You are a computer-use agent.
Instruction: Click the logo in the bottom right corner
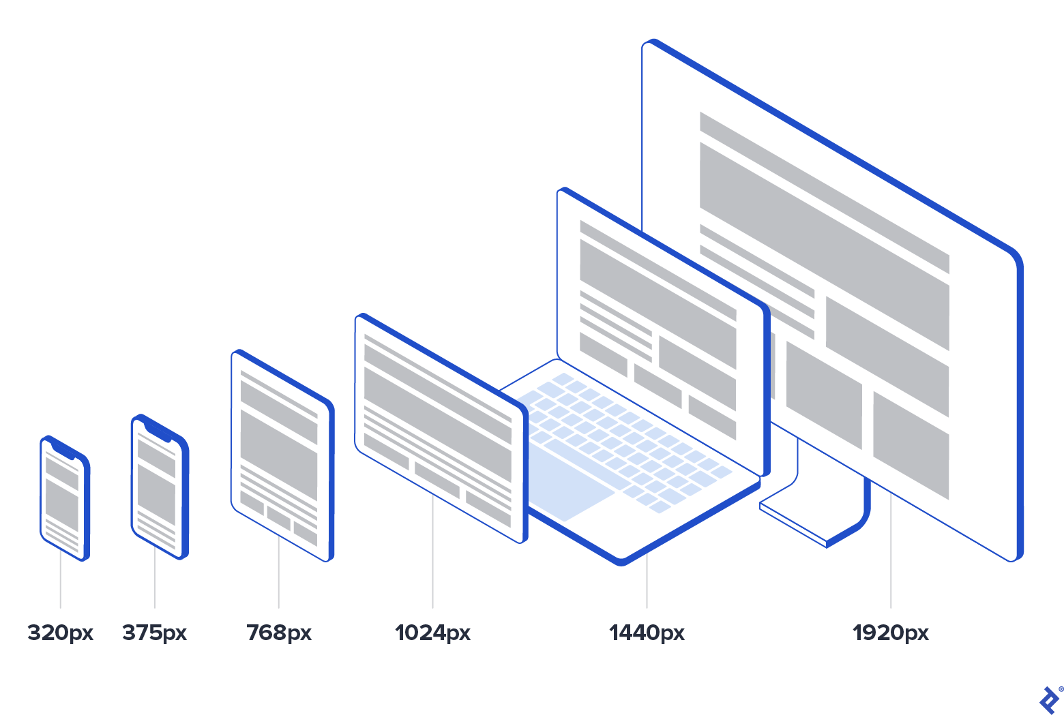[1049, 700]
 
